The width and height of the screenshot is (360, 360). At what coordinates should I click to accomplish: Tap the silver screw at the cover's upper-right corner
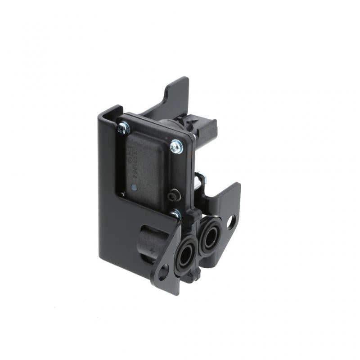(176, 146)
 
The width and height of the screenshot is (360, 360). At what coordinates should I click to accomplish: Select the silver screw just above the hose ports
(175, 214)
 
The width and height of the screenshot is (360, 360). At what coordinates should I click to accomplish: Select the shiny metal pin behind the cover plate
(202, 179)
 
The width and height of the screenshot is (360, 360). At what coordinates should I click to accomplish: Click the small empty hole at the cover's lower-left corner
(122, 194)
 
